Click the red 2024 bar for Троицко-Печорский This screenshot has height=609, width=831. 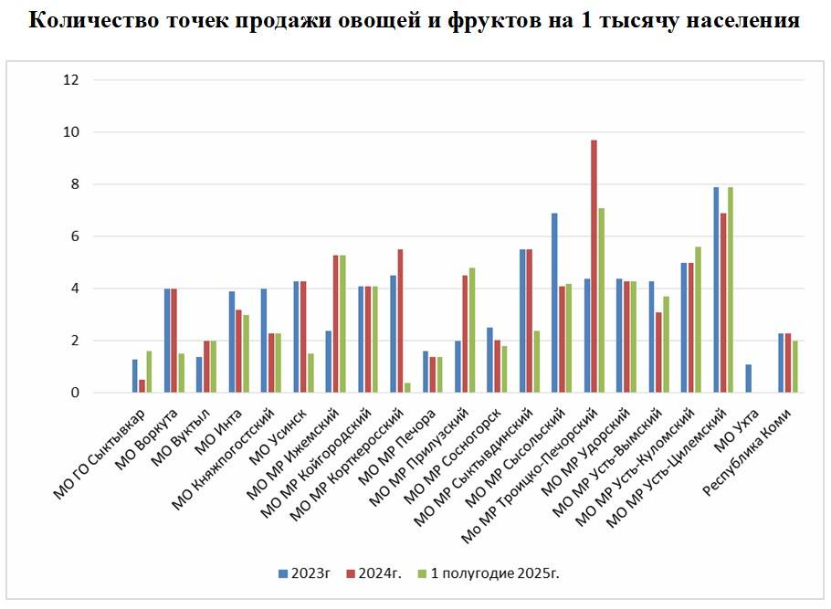[x=594, y=267]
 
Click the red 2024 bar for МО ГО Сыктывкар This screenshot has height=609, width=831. [x=142, y=386]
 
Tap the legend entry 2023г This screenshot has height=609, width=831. [x=304, y=572]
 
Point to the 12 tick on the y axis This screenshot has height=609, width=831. [x=71, y=80]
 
